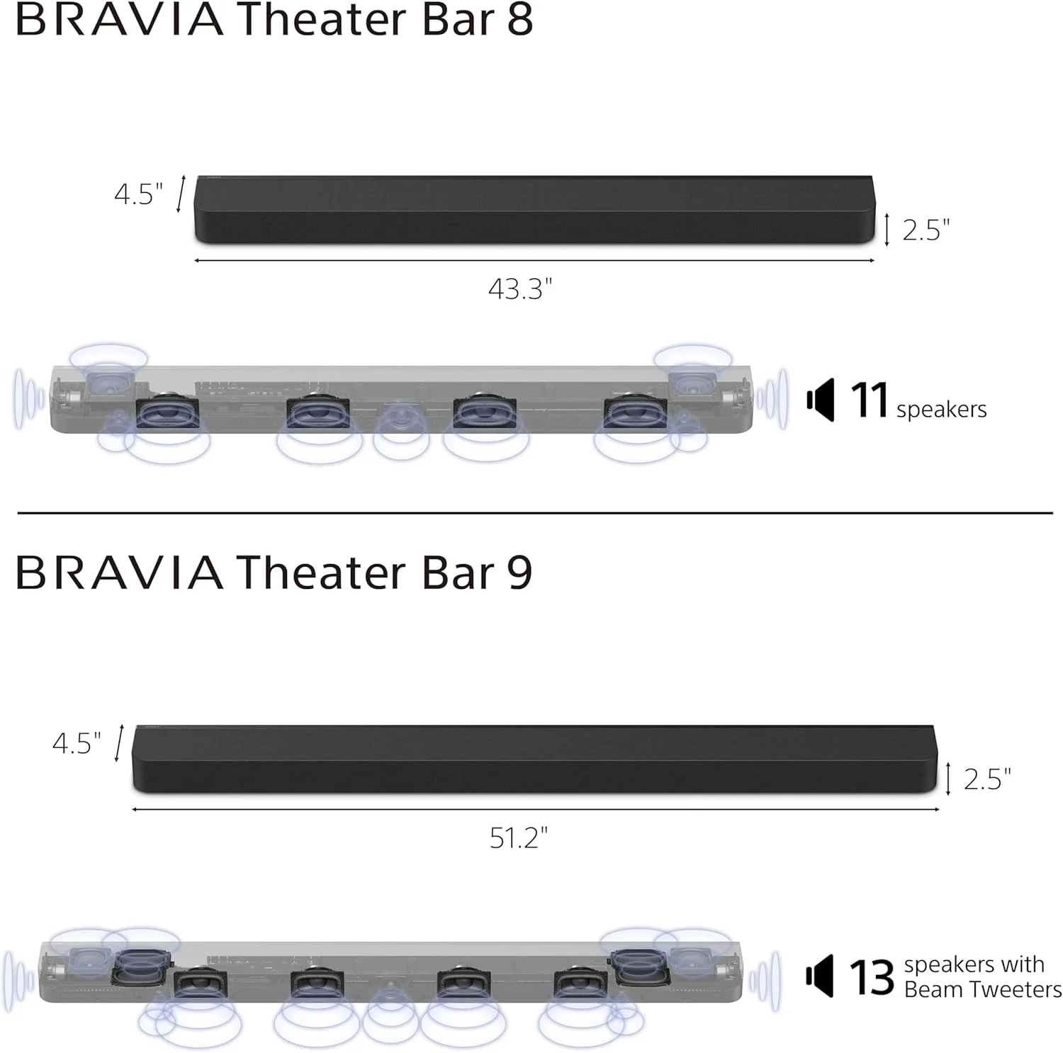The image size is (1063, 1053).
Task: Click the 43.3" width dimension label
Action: [x=519, y=289]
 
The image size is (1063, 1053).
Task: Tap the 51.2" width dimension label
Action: [x=519, y=838]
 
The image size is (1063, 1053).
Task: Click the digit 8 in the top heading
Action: [x=519, y=19]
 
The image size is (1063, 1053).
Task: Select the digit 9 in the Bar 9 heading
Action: [x=519, y=573]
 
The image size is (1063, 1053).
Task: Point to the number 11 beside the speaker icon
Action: [x=869, y=401]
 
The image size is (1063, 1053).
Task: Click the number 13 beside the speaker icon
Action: [x=871, y=978]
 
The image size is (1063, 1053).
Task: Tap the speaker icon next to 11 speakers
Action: [x=821, y=400]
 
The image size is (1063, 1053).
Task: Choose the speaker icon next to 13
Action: [x=820, y=976]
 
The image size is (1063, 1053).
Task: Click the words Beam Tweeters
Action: [x=982, y=989]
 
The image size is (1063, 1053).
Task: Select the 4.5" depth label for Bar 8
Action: [x=138, y=193]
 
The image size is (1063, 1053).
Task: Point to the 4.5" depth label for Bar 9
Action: [x=77, y=743]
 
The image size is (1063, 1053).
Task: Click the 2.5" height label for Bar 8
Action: [x=926, y=230]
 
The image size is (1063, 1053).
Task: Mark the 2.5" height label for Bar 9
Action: [x=987, y=779]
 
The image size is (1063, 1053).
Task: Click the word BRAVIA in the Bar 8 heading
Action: [x=119, y=20]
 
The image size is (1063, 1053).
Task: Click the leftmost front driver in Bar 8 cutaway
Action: [x=167, y=413]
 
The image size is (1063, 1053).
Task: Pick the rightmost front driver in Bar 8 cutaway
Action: [x=636, y=413]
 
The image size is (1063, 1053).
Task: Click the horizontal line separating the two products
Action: [x=535, y=512]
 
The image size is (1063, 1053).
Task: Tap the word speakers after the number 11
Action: [x=941, y=410]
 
